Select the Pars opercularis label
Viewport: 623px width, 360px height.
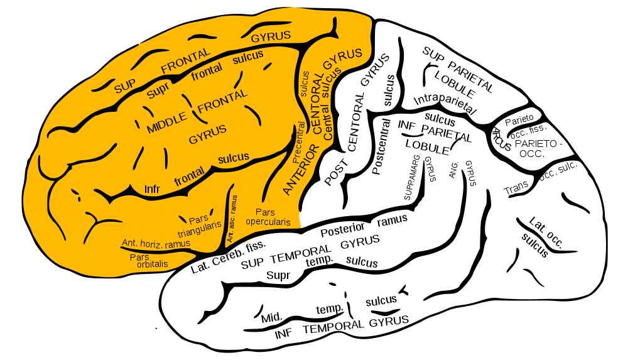coord(268,217)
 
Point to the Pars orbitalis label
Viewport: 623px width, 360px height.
coord(149,261)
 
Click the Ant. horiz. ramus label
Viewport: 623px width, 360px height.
coord(156,243)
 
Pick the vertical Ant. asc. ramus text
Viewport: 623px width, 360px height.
coord(232,219)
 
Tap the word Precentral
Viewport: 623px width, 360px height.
coord(299,143)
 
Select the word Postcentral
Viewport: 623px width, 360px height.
coord(381,146)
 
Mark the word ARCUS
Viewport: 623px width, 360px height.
coord(502,139)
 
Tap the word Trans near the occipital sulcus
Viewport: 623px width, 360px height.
coord(516,188)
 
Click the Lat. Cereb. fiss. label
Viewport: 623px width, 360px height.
coord(228,257)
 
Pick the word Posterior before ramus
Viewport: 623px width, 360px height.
coord(342,229)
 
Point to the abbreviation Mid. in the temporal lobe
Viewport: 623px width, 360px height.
coord(272,318)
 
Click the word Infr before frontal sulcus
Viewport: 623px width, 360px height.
coord(152,188)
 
